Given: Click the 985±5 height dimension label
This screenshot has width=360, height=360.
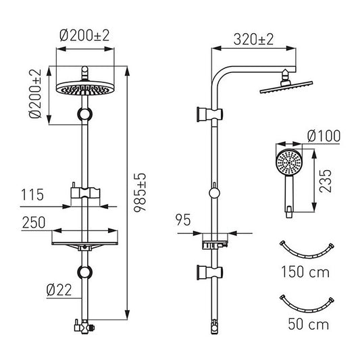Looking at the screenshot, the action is click(140, 192).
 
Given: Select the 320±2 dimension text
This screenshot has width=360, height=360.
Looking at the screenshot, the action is click(253, 39).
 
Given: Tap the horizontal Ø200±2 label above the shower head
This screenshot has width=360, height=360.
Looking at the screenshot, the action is click(84, 36).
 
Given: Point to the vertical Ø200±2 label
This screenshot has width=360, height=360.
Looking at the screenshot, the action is click(35, 93).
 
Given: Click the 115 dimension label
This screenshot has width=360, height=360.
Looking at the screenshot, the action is click(32, 195).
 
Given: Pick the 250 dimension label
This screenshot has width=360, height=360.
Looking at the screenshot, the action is click(34, 222).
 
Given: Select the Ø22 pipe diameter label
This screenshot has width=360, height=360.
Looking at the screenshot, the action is click(59, 290).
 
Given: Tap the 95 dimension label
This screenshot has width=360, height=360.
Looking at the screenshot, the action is click(183, 220).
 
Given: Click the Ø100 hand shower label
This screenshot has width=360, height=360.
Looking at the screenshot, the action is click(324, 136).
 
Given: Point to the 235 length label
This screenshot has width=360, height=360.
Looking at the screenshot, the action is click(326, 181).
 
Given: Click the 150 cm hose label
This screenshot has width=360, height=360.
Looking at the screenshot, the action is click(305, 272).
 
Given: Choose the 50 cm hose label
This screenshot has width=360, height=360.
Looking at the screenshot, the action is click(309, 324).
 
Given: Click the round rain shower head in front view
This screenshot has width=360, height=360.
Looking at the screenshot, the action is click(85, 88).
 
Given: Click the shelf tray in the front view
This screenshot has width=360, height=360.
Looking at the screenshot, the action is click(85, 243).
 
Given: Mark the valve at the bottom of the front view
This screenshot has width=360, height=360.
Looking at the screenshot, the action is click(84, 326).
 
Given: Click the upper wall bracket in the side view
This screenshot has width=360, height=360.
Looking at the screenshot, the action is click(210, 113).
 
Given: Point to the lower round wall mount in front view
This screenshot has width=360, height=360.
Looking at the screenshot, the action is click(84, 272).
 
